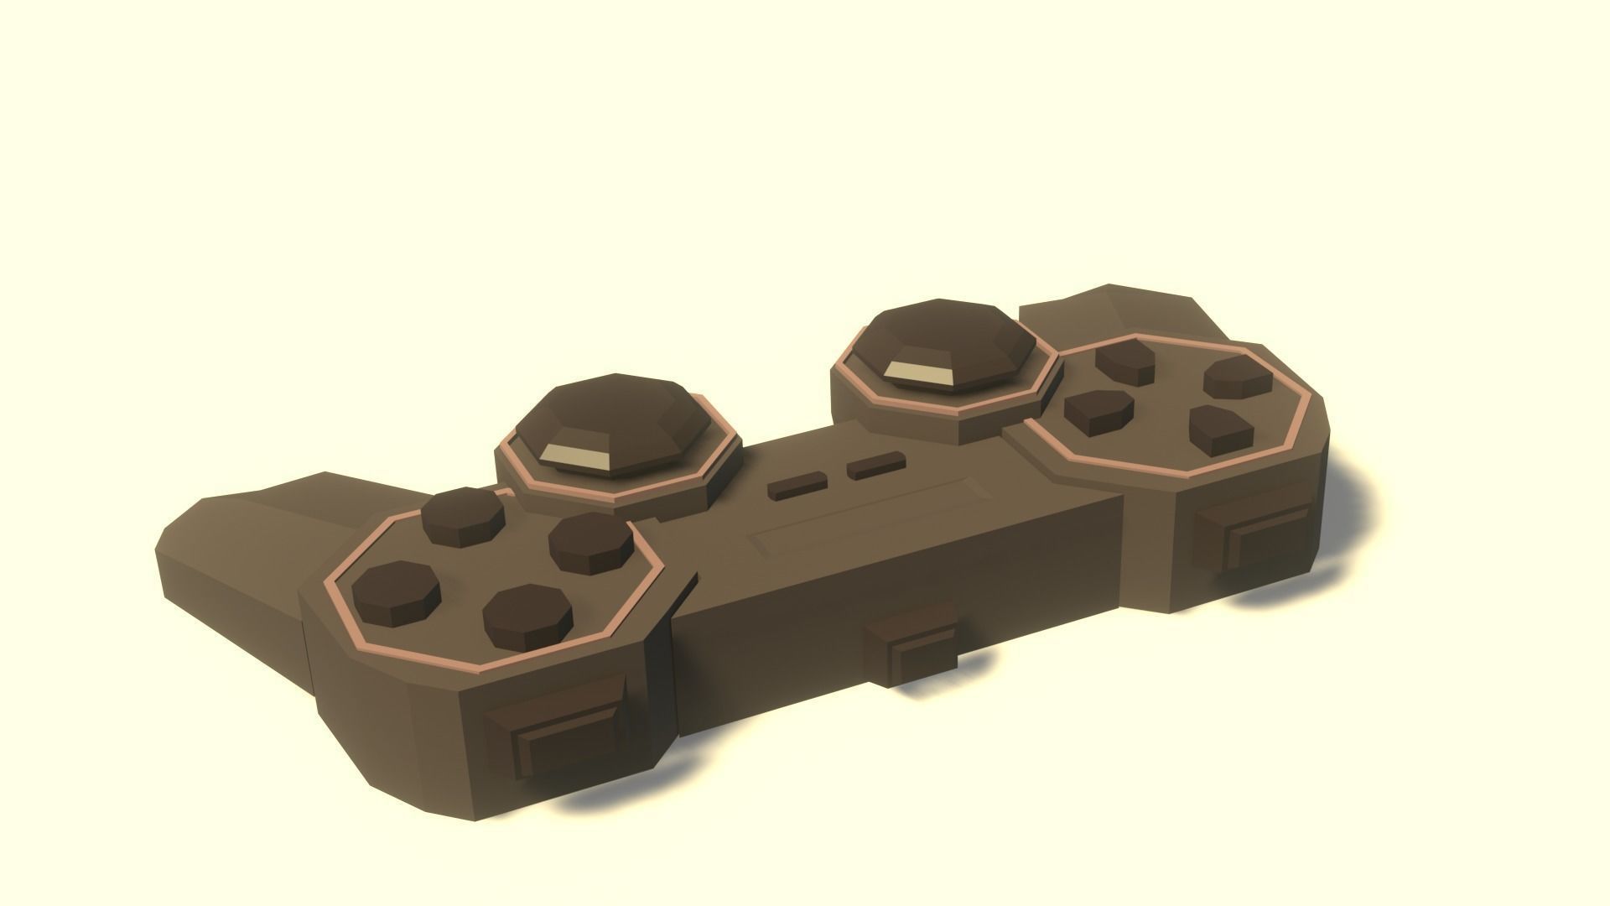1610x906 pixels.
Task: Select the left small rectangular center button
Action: point(797,486)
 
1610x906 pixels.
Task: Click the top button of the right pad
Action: point(1126,359)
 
